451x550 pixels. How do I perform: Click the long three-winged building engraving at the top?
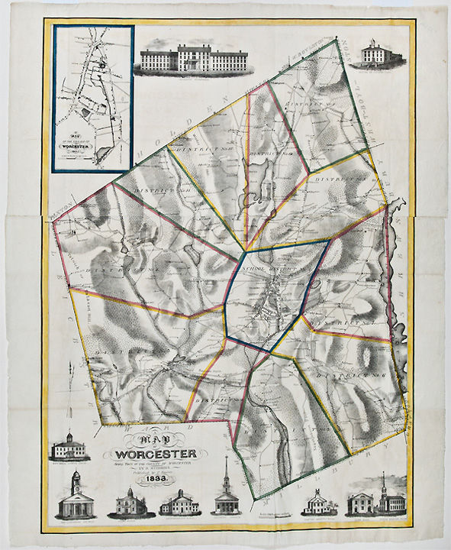pyautogui.click(x=188, y=60)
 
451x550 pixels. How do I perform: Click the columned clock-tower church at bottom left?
pyautogui.click(x=76, y=497)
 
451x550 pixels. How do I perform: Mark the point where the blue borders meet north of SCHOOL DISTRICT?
pyautogui.click(x=246, y=250)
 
